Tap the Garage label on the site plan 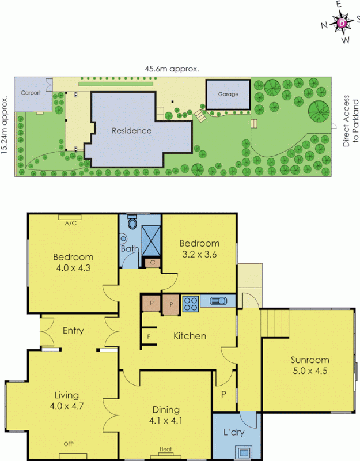[x=228, y=95]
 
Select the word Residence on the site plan [x=131, y=131]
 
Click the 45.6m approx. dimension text [x=172, y=69]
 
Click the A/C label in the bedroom [x=71, y=223]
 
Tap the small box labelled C [x=152, y=263]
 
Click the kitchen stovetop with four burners [x=191, y=303]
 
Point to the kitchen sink [x=218, y=301]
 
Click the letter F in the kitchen [x=149, y=336]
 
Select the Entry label [x=73, y=331]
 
